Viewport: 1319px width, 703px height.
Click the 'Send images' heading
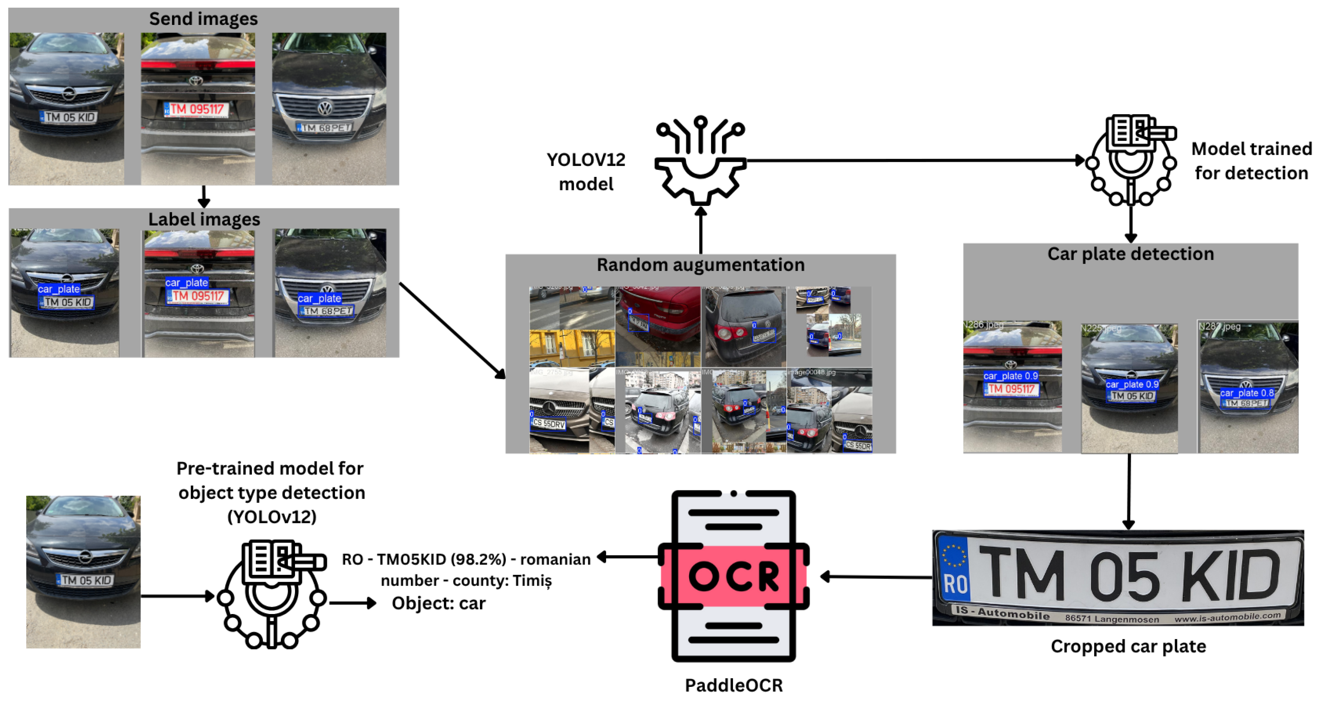point(203,19)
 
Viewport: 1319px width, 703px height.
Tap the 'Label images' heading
point(204,219)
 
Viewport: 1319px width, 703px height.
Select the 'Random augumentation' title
point(700,265)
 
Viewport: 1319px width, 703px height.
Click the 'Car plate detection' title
point(1130,254)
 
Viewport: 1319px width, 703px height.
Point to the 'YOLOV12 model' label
point(586,172)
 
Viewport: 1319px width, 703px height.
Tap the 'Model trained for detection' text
point(1251,161)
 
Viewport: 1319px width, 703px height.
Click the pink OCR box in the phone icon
point(733,576)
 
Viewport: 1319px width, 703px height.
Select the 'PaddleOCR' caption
point(733,685)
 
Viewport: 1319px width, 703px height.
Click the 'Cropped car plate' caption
point(1128,646)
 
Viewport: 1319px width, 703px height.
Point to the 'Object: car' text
point(438,603)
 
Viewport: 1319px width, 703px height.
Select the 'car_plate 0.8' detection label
point(1246,393)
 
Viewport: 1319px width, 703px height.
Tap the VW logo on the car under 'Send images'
point(325,108)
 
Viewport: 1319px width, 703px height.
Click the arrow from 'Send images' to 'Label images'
point(204,197)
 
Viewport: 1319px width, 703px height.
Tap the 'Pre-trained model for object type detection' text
point(271,492)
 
